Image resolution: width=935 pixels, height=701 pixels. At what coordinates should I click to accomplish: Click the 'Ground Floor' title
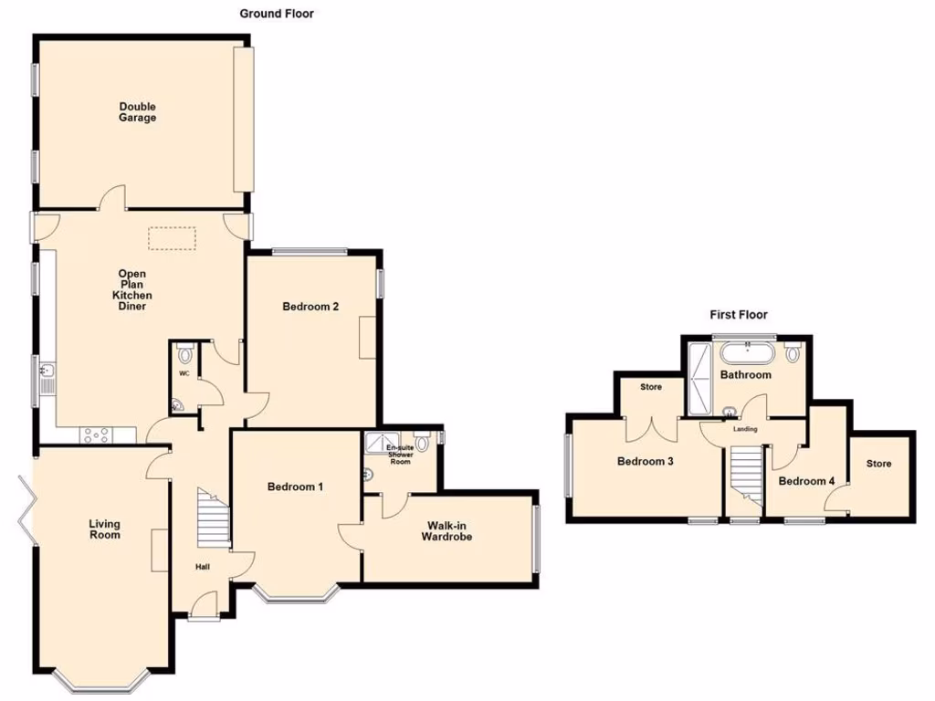277,14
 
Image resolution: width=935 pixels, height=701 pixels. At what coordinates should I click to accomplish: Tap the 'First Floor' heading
739,315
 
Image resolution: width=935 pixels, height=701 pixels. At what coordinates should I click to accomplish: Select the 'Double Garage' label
137,112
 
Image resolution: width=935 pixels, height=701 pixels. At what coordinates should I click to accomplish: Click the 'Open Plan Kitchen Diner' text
132,290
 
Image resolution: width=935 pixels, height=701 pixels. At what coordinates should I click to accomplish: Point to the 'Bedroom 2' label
310,307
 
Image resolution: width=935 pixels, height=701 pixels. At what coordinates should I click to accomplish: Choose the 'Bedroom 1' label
295,487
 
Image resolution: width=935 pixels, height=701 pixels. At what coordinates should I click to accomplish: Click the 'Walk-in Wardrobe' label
446,531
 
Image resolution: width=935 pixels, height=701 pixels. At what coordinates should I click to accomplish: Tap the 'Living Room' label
104,529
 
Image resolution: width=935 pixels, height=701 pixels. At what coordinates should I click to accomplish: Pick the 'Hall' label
202,568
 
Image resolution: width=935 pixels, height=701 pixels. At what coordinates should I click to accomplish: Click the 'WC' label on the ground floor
184,374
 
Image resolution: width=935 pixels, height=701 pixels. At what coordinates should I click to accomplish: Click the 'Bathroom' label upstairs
746,375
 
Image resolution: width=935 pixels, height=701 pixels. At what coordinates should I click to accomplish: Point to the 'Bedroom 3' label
645,462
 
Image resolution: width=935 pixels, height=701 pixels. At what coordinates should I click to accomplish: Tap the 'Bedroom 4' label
806,481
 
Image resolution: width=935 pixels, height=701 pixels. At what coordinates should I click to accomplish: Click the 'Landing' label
746,429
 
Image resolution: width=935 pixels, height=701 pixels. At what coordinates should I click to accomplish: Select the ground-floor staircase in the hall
215,518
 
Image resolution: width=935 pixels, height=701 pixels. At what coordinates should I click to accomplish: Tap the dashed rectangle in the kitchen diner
173,237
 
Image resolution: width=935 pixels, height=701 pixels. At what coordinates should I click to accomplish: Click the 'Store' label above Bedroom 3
650,388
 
